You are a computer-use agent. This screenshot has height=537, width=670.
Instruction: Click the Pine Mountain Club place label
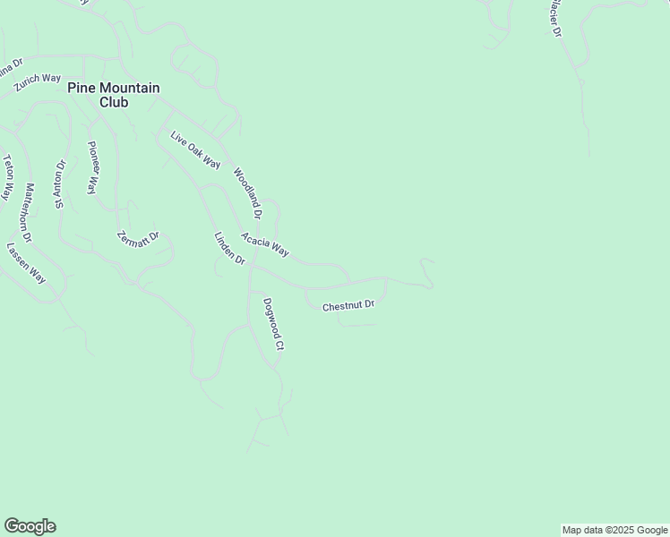point(115,95)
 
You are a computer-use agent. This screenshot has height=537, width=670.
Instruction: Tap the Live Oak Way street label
point(195,149)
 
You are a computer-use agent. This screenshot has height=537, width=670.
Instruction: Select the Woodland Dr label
point(247,193)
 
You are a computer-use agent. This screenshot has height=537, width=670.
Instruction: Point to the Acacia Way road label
point(264,244)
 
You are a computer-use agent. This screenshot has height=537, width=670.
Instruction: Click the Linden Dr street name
point(229,248)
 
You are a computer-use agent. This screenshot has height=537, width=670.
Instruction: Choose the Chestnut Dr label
point(348,305)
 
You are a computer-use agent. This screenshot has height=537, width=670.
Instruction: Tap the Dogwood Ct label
point(273,324)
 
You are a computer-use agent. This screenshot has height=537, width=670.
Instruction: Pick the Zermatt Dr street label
point(138,238)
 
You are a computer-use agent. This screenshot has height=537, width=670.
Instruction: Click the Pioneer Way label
point(91,167)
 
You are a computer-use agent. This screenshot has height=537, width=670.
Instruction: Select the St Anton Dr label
point(61,184)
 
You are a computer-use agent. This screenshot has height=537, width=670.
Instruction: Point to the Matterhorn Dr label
point(28,213)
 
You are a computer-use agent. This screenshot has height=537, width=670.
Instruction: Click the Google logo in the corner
point(30,526)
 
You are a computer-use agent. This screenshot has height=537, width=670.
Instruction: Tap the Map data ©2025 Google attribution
point(614,530)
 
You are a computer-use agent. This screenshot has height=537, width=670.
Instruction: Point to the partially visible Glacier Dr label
point(554,19)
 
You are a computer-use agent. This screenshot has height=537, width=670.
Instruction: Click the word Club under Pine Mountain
point(115,102)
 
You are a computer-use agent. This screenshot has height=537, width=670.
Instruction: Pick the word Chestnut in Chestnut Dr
point(341,306)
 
